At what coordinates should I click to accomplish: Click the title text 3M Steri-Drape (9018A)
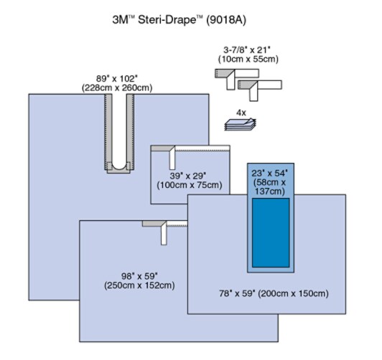(x=179, y=20)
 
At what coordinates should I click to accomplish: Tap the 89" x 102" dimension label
(x=117, y=79)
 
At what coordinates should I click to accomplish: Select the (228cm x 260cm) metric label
(x=117, y=87)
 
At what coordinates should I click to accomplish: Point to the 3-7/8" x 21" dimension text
(x=247, y=50)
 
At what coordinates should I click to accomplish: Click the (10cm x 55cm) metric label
(x=248, y=59)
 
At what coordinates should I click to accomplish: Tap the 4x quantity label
(x=241, y=113)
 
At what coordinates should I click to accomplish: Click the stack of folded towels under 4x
(x=241, y=124)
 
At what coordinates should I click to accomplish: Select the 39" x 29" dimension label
(x=188, y=176)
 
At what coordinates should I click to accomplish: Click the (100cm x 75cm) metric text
(x=190, y=185)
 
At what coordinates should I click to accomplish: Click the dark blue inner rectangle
(x=271, y=232)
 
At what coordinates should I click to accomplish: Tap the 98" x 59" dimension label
(x=139, y=276)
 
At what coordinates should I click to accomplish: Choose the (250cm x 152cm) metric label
(x=139, y=285)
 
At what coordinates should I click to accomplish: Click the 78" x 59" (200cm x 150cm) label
(x=274, y=293)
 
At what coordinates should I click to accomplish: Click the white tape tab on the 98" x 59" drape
(x=164, y=234)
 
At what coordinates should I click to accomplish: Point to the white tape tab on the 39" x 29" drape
(x=172, y=158)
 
